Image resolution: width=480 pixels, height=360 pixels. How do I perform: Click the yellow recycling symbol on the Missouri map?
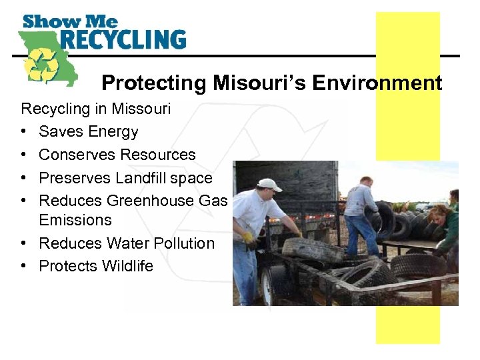tap(41, 64)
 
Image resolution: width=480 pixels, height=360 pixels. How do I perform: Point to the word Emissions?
tap(75, 219)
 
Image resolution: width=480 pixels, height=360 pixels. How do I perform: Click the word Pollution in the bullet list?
tap(182, 243)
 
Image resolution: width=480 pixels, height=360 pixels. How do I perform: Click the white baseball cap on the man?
tap(270, 184)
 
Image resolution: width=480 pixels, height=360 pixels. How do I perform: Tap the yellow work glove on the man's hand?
tap(248, 237)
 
